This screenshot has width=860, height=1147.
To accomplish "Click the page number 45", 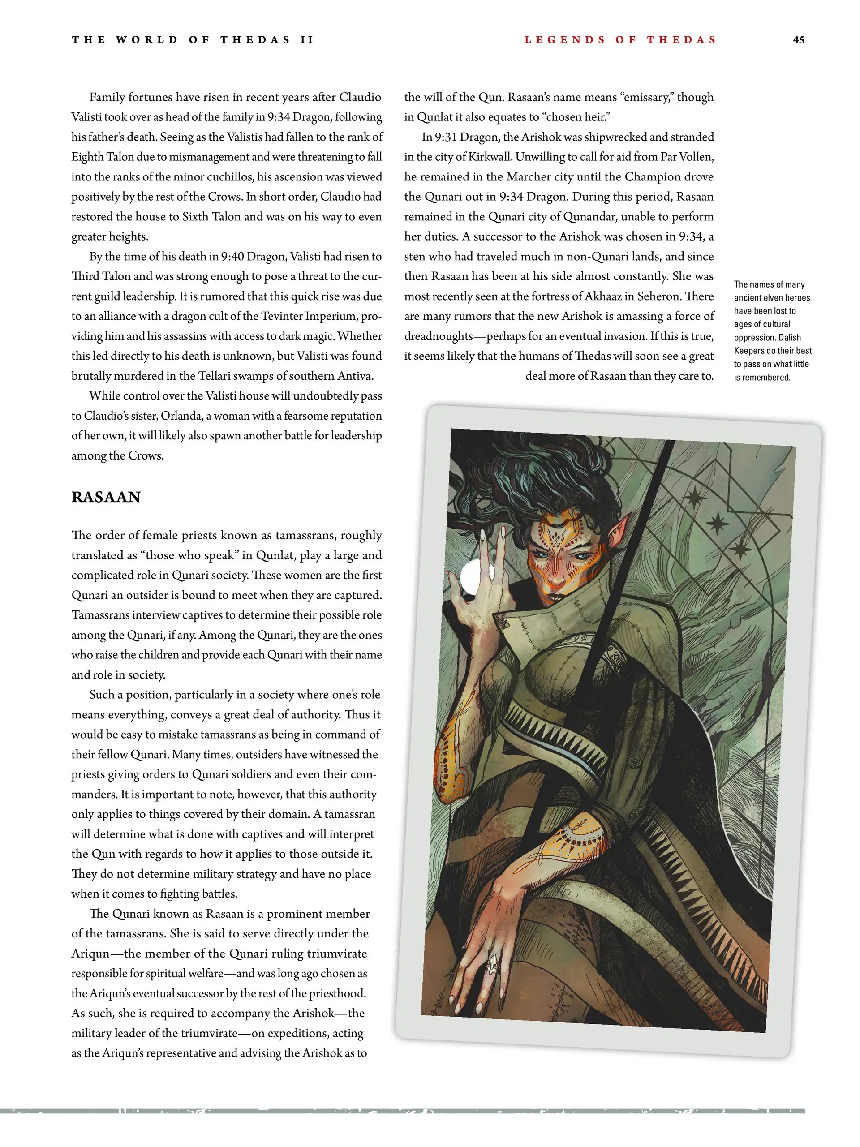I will (798, 40).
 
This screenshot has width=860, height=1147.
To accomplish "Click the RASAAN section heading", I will (106, 497).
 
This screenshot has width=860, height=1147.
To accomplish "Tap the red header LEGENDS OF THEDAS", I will (620, 40).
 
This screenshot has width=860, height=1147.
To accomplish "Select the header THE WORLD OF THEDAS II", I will (193, 40).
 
